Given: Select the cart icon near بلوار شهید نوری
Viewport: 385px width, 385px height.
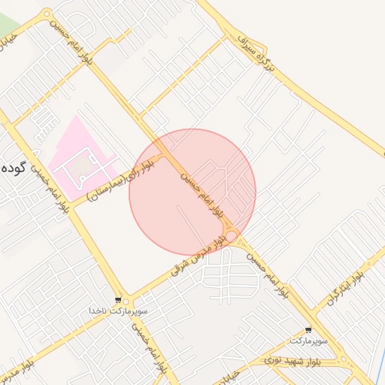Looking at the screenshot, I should point(309,330).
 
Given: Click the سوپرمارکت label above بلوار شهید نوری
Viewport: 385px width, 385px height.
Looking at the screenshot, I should point(309,341).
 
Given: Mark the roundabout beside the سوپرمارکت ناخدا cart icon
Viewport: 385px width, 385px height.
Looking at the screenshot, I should point(126,300).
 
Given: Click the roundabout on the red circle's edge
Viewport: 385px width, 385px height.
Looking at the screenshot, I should point(233,238).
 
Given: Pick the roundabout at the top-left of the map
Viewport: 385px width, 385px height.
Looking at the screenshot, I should point(47,13).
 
